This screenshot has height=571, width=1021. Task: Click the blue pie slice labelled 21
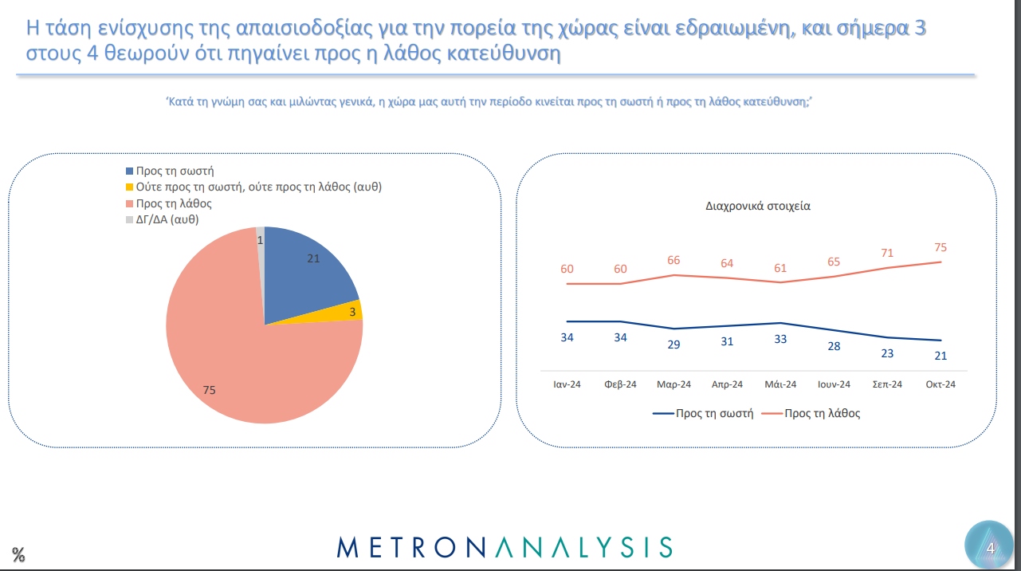pos(307,271)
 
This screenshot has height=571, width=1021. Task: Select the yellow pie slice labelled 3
pos(350,311)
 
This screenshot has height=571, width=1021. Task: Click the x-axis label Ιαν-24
pos(567,384)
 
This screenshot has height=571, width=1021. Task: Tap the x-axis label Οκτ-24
pos(940,384)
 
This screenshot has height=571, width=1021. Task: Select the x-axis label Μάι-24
pos(780,384)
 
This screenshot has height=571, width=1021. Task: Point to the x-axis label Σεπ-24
pos(887,384)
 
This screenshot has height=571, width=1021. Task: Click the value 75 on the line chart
pos(940,248)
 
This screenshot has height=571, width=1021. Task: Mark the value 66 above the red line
pos(673,261)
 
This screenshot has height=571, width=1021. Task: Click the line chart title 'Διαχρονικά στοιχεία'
pos(758,206)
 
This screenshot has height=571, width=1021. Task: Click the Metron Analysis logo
pos(505,547)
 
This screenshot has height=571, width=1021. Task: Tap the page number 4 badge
pos(990,547)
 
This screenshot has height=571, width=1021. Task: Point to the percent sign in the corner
pos(18,554)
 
